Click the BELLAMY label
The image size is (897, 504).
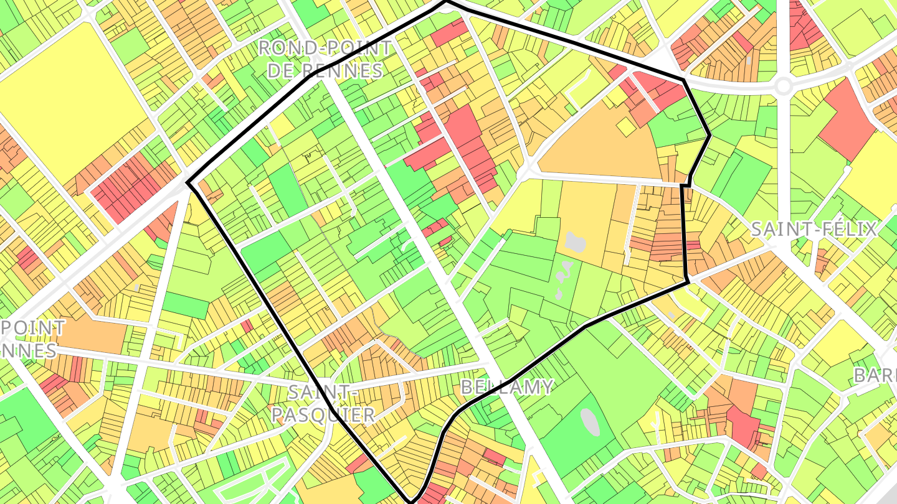point(506,387)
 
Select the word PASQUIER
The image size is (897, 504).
point(323,414)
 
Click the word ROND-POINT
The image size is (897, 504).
point(325,48)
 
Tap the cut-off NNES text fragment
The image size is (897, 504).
point(28,350)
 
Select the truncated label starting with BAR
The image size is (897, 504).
point(875,376)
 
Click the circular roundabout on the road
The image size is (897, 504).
point(784,86)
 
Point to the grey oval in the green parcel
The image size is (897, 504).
point(590,422)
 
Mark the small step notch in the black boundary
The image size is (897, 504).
point(686,185)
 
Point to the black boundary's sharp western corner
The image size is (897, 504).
point(187,183)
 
